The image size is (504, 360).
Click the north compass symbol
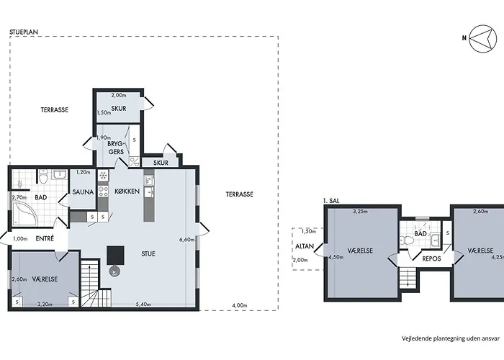[x=482, y=38]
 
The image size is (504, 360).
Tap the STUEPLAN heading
[x=24, y=32]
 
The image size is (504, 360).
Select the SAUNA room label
[x=83, y=192]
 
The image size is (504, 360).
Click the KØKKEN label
[x=127, y=192]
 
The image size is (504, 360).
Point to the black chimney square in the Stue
[x=115, y=256]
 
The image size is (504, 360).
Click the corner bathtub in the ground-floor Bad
[x=25, y=213]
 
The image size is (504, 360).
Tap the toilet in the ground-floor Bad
[x=43, y=176]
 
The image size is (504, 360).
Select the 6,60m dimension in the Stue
[x=187, y=240]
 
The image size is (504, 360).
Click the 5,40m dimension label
[x=143, y=305]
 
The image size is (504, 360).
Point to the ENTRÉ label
[x=45, y=239]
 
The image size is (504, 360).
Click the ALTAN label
[x=305, y=246]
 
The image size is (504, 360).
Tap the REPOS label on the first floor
[x=431, y=258]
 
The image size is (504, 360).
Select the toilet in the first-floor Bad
[x=407, y=240]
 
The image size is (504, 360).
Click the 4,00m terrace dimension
[x=240, y=306]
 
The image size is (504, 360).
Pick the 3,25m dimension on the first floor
[x=360, y=212]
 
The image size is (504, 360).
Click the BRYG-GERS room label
[x=116, y=148]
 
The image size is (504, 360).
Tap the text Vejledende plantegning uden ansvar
[x=451, y=338]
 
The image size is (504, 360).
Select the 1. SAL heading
[x=331, y=201]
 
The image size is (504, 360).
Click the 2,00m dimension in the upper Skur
[x=119, y=95]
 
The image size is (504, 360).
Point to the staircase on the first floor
[x=408, y=278]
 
